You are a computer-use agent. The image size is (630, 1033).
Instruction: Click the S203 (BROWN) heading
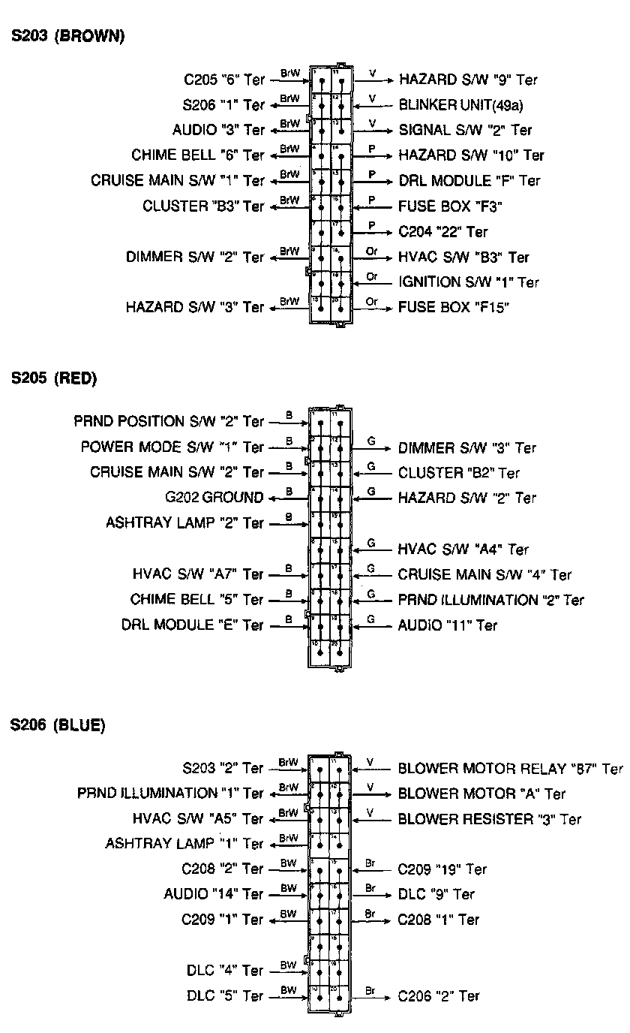pos(67,35)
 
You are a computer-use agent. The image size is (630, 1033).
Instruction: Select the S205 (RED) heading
pos(53,379)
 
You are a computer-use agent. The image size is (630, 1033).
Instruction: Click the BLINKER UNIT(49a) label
pos(460,104)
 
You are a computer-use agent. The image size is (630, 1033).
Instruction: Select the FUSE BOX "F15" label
pos(454,307)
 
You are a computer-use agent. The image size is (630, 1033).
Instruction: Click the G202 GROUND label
pos(214,498)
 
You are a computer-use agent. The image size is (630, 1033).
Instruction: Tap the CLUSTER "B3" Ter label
pos(203,206)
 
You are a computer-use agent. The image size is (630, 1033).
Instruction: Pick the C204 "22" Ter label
pos(443,232)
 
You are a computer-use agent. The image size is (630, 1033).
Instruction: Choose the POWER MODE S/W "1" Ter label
pos(172,447)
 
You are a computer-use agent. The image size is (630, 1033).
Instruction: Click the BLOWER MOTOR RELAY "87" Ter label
pos(510,769)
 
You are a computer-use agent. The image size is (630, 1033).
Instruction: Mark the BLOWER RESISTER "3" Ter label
pos(490,819)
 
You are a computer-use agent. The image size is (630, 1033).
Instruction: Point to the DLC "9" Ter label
pos(436,894)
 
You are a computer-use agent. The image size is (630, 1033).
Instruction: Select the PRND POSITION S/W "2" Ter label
pos(169,422)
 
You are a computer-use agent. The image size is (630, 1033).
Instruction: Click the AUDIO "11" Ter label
pos(447,625)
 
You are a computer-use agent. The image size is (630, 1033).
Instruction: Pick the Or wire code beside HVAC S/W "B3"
pos(371,251)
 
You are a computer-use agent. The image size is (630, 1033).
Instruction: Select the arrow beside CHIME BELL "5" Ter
pos(289,601)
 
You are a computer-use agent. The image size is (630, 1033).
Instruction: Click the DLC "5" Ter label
pos(225,996)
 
